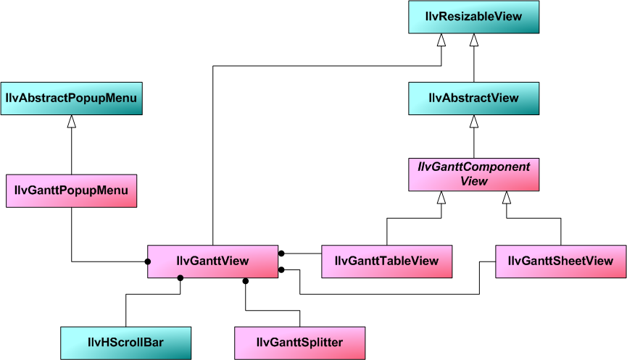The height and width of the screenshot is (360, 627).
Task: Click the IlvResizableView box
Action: (x=473, y=17)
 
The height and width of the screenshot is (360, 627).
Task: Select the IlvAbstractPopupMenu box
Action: (x=71, y=98)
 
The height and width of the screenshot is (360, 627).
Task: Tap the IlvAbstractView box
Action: (x=473, y=98)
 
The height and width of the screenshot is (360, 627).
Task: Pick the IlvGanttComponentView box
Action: (x=473, y=175)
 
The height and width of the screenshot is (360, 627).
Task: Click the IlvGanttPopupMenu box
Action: (x=71, y=191)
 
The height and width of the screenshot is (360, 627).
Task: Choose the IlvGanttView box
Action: (x=212, y=261)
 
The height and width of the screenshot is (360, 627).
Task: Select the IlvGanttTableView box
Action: (x=386, y=261)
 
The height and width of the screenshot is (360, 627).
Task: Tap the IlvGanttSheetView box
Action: (x=560, y=261)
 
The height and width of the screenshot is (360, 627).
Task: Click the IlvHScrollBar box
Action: (x=125, y=343)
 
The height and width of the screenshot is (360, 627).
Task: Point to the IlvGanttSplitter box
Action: (x=299, y=343)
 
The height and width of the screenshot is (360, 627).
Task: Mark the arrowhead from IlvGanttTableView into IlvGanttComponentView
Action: (x=440, y=198)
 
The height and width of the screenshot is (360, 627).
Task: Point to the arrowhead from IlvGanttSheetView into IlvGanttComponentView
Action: (x=507, y=198)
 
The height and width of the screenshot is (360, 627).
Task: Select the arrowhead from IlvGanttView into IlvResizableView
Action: (x=440, y=41)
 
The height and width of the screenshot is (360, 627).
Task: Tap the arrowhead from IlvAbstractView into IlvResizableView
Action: (x=473, y=41)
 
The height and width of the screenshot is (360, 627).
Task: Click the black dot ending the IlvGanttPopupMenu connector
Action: (x=147, y=261)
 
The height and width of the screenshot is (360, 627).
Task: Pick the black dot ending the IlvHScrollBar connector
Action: (x=180, y=278)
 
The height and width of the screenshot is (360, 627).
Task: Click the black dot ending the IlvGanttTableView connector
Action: (x=282, y=253)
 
